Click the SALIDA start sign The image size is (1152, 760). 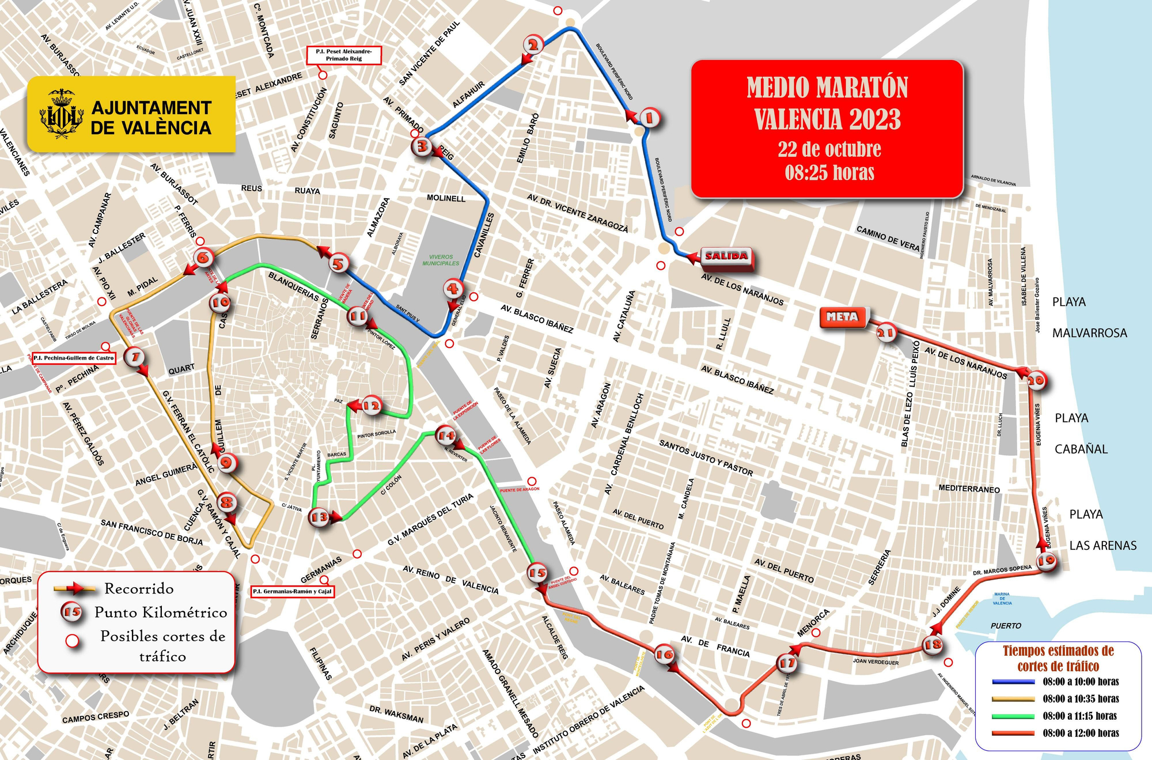[x=726, y=256]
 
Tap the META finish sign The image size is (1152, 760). [x=842, y=317]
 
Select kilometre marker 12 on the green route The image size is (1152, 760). [x=371, y=406]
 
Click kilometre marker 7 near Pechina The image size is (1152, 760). [x=135, y=357]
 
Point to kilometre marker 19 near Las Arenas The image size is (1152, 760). [x=1047, y=560]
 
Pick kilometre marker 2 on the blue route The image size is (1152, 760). [x=533, y=45]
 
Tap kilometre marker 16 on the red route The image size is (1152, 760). [x=664, y=654]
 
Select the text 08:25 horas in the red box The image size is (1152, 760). [x=829, y=172]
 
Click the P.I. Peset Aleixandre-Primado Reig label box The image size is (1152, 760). [x=344, y=55]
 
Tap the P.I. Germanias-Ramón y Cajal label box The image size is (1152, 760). [x=293, y=591]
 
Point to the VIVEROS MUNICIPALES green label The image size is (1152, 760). [x=441, y=260]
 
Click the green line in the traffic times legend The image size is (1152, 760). [x=1014, y=716]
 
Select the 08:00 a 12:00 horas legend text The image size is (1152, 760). [x=1081, y=733]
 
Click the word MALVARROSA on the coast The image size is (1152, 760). [x=1089, y=333]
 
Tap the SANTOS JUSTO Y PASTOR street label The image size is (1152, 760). [x=706, y=458]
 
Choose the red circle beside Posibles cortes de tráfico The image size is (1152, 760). [x=73, y=641]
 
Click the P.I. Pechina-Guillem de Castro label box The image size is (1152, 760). [x=74, y=358]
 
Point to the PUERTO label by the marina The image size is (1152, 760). [x=1006, y=626]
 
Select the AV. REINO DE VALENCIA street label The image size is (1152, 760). [x=450, y=579]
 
